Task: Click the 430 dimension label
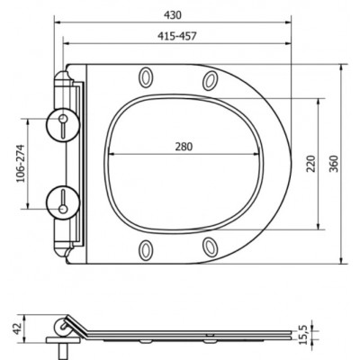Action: [x=173, y=14]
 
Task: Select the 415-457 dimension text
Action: [x=176, y=36]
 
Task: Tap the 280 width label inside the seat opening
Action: [x=184, y=147]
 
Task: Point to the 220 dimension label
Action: [x=311, y=164]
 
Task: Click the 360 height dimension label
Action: [x=334, y=164]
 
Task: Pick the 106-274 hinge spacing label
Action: [x=20, y=164]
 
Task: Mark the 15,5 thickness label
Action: [x=304, y=337]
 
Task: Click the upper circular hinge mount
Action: [x=63, y=124]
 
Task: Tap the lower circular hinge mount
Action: [x=63, y=202]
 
